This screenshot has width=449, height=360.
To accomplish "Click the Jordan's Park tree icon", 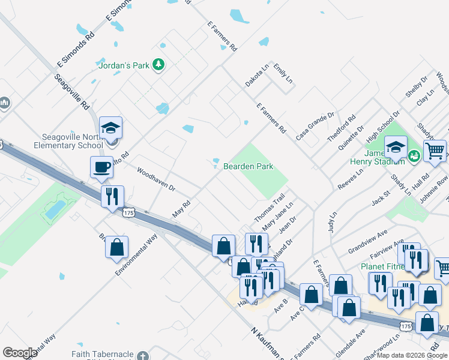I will coord(158,64).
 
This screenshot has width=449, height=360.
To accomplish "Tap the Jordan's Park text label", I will coord(122,65).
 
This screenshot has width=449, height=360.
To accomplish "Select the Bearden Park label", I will coord(248,166).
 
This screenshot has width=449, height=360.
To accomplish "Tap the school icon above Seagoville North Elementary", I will coord(110,127).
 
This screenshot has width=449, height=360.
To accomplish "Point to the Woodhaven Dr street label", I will coord(155,179).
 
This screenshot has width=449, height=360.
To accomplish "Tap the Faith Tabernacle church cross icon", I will coord(142,356).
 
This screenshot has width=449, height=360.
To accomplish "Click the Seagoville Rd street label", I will coord(71,91).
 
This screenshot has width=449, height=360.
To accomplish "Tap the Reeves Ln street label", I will coord(351,179).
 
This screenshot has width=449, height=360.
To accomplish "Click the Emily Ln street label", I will coord(282,73).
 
